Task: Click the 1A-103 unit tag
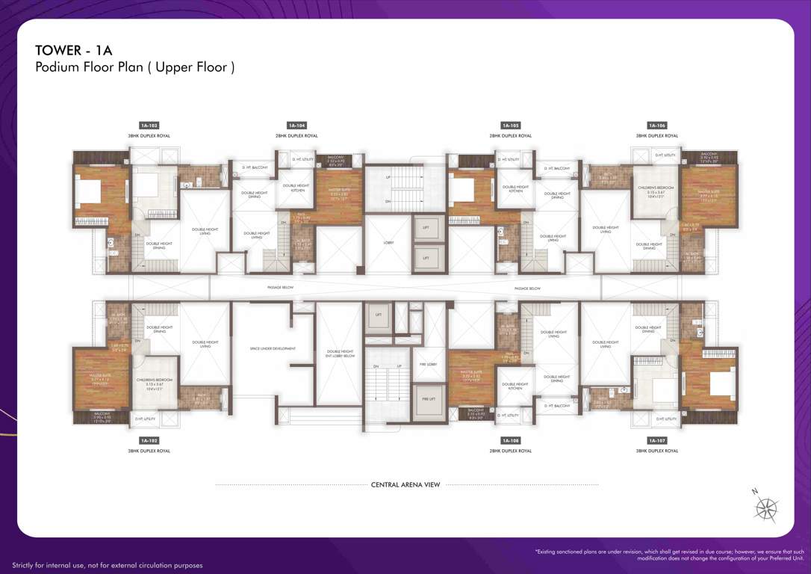[x=149, y=126]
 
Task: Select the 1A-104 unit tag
[x=296, y=126]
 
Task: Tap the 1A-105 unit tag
[x=510, y=126]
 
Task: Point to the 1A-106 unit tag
[x=657, y=126]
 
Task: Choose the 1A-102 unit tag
[x=149, y=441]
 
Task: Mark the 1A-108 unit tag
[x=510, y=441]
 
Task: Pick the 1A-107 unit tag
[x=657, y=441]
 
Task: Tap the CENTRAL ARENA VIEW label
[x=405, y=485]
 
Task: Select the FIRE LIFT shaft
[x=429, y=398]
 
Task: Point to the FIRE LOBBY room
[x=429, y=364]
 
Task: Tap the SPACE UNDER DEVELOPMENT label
[x=273, y=348]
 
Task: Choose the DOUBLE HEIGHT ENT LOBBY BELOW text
[x=340, y=354]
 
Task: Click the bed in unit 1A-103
[x=89, y=193]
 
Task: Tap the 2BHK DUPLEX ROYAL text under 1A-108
[x=510, y=451]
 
